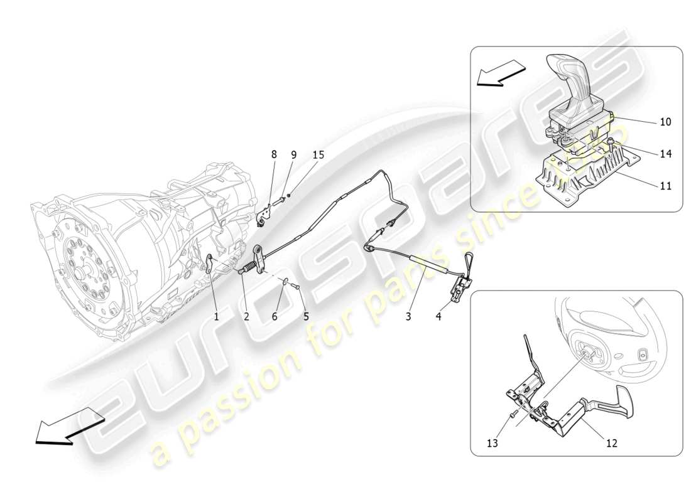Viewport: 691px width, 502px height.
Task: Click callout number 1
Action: coord(216,317)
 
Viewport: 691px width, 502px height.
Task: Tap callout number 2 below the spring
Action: coord(246,317)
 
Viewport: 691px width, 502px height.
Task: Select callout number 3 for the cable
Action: coord(408,317)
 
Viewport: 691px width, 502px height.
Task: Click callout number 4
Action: coord(438,317)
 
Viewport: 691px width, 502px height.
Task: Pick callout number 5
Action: coord(306,317)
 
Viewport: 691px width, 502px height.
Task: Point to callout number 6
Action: coord(275,317)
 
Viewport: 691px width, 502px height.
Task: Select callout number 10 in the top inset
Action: coord(665,122)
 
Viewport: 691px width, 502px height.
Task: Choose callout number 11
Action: coord(665,186)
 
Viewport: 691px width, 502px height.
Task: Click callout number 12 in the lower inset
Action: coord(611,443)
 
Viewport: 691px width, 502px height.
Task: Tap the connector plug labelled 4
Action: coord(459,289)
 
